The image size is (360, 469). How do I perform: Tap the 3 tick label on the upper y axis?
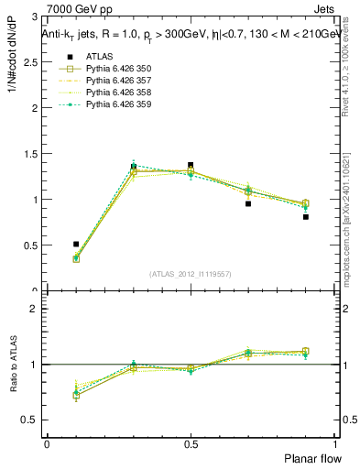(x=33, y=17)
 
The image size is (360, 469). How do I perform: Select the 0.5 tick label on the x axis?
(x=191, y=442)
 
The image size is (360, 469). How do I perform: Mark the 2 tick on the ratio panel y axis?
(x=33, y=310)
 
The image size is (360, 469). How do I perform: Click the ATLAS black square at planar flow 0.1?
(x=76, y=245)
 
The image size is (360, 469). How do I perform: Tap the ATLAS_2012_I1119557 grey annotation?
(x=191, y=274)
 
